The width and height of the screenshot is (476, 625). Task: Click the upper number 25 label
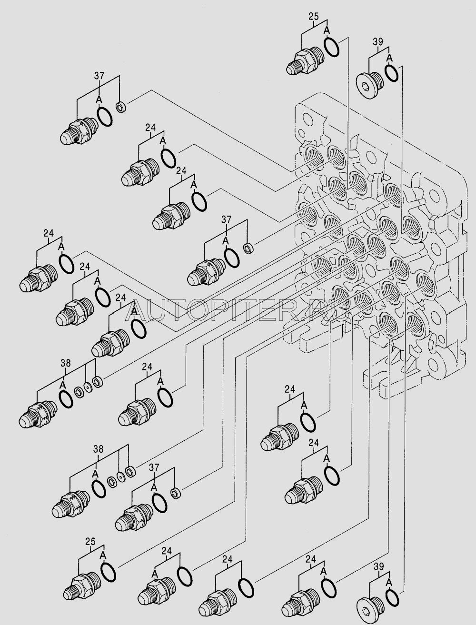313,18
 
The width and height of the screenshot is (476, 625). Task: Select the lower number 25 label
90,541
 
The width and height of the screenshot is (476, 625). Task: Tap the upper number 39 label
377,42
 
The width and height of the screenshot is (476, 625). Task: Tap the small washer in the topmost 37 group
121,107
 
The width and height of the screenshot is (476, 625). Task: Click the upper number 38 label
65,364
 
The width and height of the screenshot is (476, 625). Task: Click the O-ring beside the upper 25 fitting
332,47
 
